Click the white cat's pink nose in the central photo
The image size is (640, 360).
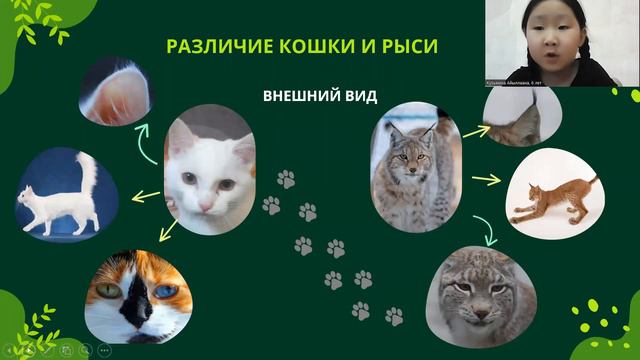pyautogui.click(x=206, y=198)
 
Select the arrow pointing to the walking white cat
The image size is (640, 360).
pyautogui.click(x=146, y=197)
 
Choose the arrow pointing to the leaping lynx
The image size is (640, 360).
pyautogui.click(x=486, y=179)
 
